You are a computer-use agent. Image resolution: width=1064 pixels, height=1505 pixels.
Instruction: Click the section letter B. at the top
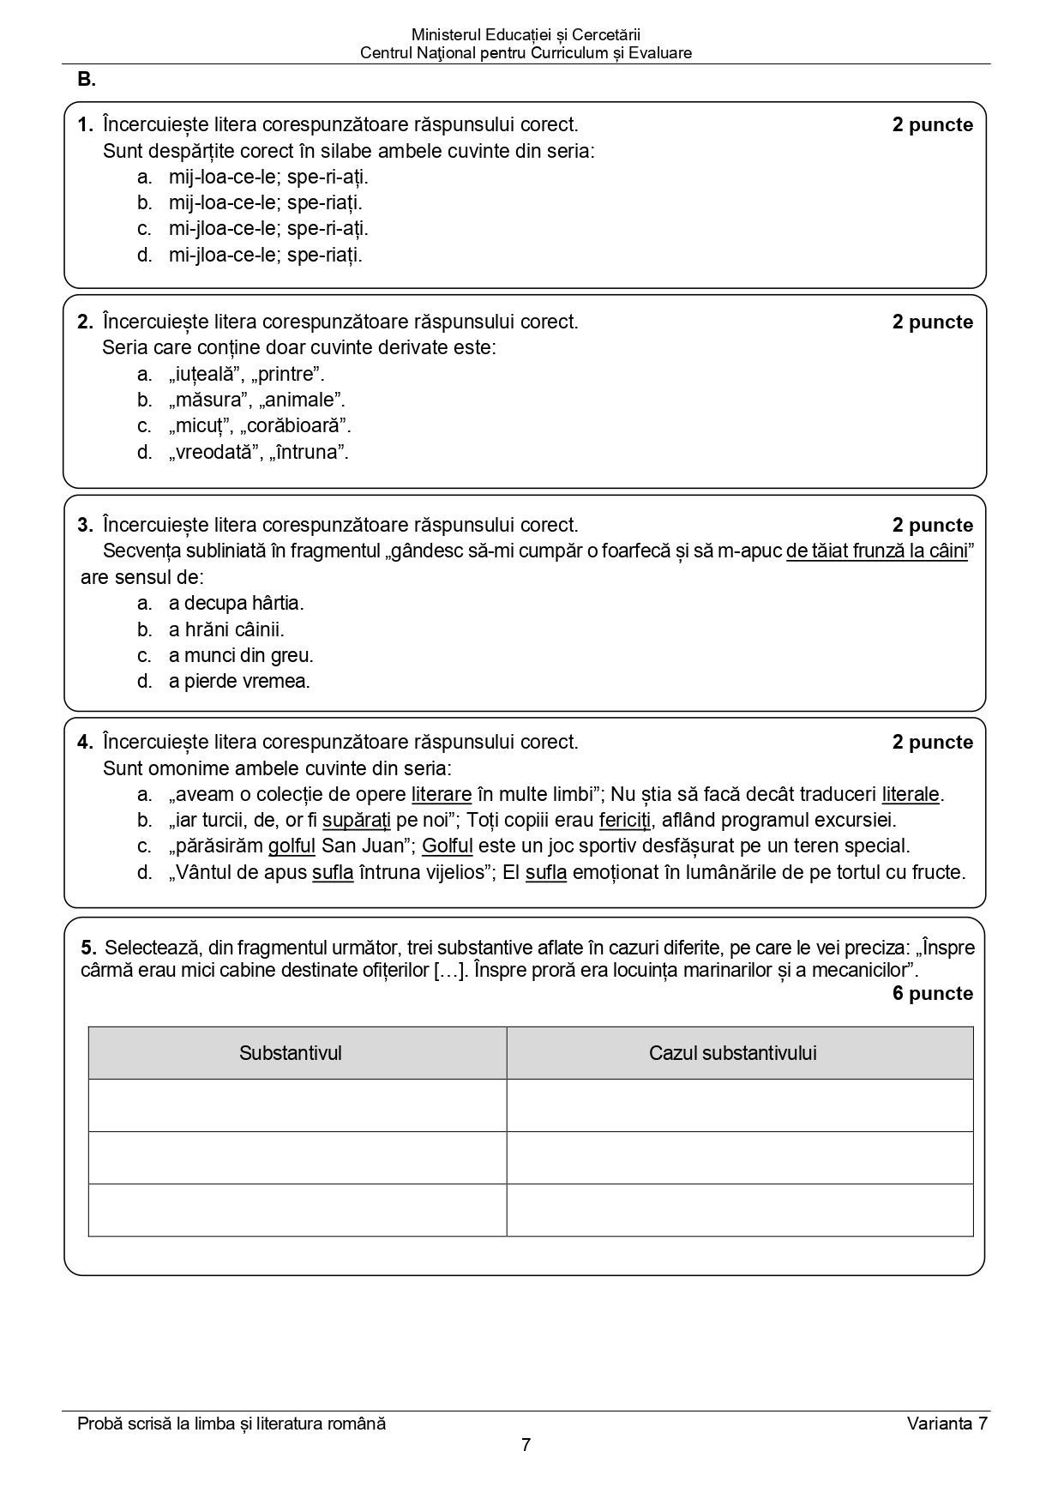click(x=86, y=80)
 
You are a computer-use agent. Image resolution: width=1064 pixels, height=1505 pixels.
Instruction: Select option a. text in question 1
click(x=268, y=177)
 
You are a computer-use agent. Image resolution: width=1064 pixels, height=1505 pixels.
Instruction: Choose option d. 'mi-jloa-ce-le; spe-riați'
click(x=265, y=255)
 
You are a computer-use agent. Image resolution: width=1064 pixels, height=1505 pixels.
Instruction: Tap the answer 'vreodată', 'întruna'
click(x=258, y=452)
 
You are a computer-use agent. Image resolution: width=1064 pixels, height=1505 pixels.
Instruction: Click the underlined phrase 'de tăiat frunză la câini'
click(x=876, y=551)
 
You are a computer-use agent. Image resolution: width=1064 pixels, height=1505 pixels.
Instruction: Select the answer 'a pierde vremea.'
click(x=239, y=681)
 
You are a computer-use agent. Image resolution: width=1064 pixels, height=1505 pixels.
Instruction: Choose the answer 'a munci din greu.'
click(x=241, y=655)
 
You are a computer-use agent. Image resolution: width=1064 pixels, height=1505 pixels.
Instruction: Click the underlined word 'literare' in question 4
click(x=442, y=794)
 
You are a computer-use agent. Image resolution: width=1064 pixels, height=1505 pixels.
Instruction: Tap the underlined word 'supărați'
click(x=356, y=820)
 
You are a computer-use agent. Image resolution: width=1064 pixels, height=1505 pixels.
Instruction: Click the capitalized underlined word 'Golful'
click(x=447, y=846)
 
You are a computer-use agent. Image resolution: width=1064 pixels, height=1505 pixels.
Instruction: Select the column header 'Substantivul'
click(x=290, y=1053)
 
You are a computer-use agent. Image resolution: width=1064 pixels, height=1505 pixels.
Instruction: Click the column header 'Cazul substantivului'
click(x=732, y=1053)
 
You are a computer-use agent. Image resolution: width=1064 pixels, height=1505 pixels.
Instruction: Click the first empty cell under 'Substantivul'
click(x=297, y=1105)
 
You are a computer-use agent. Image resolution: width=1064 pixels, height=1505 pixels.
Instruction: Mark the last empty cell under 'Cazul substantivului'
click(x=739, y=1210)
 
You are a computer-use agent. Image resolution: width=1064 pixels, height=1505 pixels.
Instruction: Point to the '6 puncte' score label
click(x=932, y=993)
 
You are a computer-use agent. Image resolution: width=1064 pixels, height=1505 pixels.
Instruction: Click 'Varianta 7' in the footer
click(x=947, y=1424)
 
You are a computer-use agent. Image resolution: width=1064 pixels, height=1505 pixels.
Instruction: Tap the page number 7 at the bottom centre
click(x=526, y=1445)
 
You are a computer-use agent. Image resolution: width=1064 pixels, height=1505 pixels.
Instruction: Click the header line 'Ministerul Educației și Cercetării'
click(x=526, y=35)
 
